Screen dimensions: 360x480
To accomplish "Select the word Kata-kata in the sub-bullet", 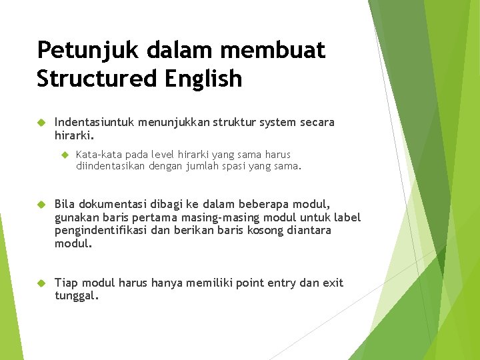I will [97, 155].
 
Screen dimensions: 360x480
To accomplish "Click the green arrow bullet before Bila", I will [40, 204].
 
